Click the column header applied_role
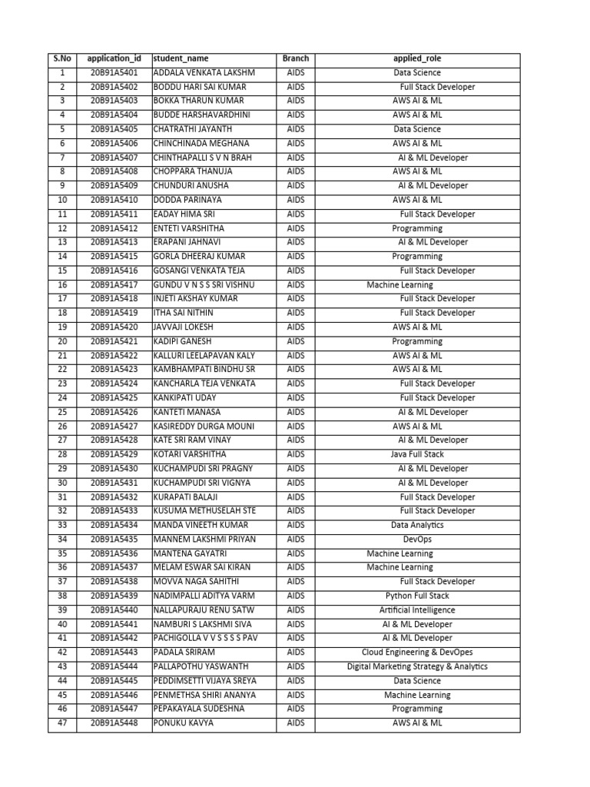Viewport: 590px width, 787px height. (x=417, y=58)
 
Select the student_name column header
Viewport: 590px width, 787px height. (x=181, y=58)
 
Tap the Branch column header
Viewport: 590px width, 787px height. (x=295, y=58)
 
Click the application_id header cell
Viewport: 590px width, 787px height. (x=114, y=58)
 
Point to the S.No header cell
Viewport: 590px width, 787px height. (x=61, y=58)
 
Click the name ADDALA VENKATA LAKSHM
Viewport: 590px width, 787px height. (x=204, y=73)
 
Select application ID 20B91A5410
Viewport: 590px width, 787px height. (x=114, y=200)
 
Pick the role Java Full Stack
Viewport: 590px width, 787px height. (x=417, y=454)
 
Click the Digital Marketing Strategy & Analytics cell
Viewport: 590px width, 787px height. (x=417, y=666)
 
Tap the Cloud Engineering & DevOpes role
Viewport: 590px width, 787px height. (x=417, y=653)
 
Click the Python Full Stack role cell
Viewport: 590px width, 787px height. (x=417, y=596)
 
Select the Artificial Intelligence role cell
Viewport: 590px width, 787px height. (x=417, y=610)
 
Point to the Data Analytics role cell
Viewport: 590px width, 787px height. (x=417, y=525)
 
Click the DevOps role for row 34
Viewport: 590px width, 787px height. (x=417, y=540)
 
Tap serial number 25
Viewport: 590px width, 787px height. (x=61, y=412)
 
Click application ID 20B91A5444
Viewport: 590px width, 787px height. (x=114, y=666)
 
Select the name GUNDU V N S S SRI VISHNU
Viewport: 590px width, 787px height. (x=204, y=284)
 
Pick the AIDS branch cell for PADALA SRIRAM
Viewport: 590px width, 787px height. (x=295, y=653)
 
